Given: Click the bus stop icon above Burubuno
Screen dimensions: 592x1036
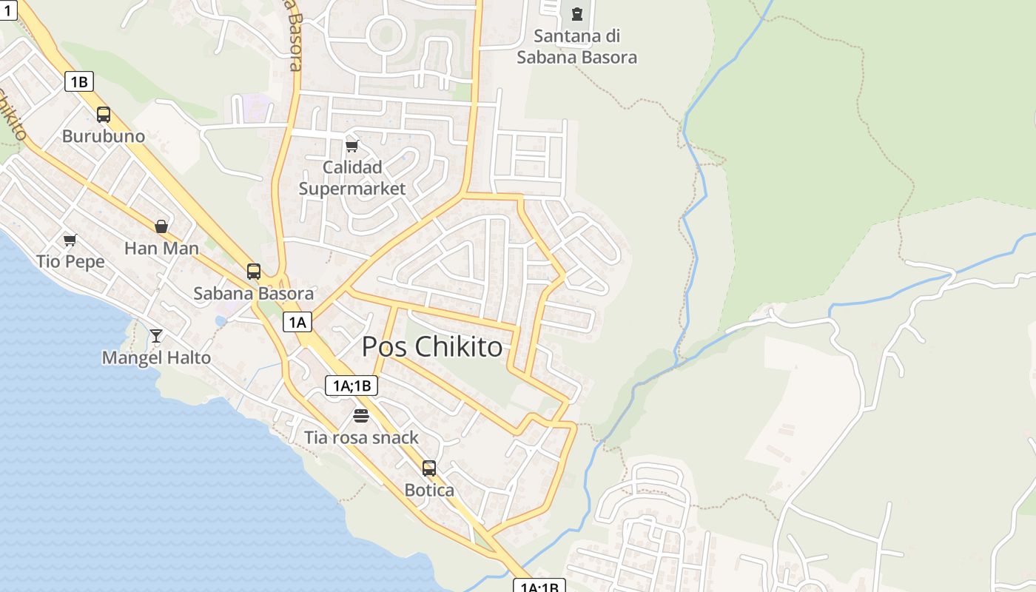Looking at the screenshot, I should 104,115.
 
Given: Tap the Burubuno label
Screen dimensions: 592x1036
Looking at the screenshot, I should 104,136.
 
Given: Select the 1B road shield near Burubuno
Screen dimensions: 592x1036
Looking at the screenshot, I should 79,81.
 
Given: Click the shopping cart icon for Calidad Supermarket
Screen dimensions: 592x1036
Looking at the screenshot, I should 352,146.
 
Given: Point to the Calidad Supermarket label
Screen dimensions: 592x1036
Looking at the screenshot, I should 352,178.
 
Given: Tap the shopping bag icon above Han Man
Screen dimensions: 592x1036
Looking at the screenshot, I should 161,226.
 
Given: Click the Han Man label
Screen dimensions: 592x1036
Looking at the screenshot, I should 161,248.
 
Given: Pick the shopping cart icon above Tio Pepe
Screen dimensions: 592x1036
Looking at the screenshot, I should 70,240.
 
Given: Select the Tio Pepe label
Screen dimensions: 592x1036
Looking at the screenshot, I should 70,261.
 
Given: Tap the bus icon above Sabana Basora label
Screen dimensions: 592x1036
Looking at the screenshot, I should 254,272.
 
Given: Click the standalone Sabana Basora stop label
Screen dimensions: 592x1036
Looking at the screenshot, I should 253,293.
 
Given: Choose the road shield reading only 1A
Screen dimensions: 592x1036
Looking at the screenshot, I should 297,322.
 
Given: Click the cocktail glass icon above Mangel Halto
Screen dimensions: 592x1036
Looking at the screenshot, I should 156,336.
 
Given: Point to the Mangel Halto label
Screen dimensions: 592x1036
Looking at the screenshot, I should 156,357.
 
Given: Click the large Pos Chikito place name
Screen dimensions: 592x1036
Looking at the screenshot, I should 432,346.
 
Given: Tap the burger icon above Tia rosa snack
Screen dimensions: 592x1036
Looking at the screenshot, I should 361,416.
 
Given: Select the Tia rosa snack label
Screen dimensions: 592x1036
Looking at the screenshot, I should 361,437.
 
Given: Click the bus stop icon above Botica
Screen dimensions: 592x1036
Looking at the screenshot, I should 429,468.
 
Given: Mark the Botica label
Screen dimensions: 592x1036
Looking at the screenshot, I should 429,490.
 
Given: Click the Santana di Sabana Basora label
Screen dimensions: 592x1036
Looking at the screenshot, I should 576,46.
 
